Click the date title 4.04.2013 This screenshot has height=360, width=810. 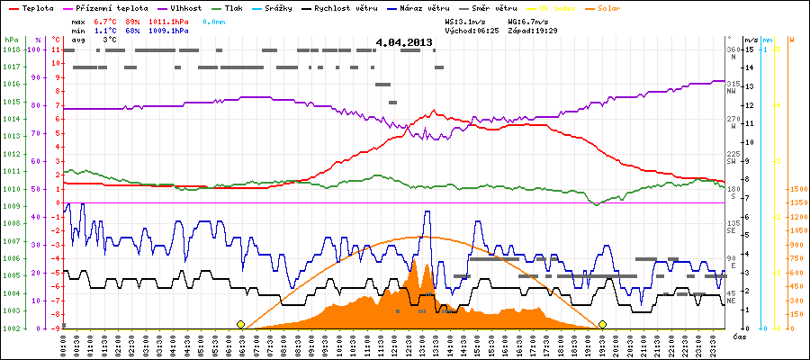pos(405,42)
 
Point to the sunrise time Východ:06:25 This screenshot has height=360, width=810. pos(471,30)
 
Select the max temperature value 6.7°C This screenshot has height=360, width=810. pos(107,20)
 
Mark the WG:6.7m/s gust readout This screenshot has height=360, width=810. pos(528,20)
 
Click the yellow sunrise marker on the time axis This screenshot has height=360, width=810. pos(240,324)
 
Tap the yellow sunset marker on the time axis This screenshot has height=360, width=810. pos(602,324)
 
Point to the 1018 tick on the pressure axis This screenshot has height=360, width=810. pos(11,49)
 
